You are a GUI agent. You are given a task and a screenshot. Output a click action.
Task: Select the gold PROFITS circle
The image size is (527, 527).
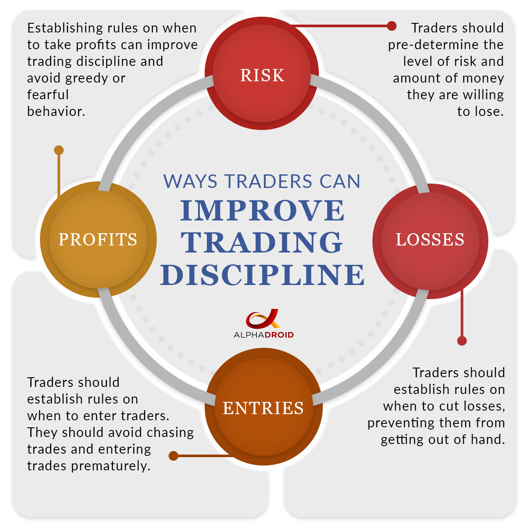pos(98,239)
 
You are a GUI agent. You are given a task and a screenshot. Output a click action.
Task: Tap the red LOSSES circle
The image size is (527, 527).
pos(430,240)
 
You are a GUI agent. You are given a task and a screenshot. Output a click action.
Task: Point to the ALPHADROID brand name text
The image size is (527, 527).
pos(263,335)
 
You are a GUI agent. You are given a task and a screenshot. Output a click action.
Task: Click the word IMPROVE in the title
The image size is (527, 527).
pos(263,210)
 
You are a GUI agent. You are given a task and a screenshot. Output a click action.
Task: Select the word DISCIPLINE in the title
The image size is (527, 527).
pos(263,275)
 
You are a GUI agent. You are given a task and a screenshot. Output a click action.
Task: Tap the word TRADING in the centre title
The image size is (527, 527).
pos(263,242)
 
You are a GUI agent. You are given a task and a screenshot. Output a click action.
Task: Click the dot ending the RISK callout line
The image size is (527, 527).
pos(392,26)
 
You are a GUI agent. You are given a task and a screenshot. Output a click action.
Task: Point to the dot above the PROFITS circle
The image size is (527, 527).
pos(59,150)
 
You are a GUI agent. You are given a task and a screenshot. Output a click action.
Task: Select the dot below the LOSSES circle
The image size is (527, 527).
pos(462,341)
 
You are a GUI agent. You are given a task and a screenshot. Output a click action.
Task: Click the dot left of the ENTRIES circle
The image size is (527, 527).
pos(173,456)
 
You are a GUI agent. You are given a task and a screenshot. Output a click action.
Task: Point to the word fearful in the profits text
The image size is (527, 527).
pos(48,95)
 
